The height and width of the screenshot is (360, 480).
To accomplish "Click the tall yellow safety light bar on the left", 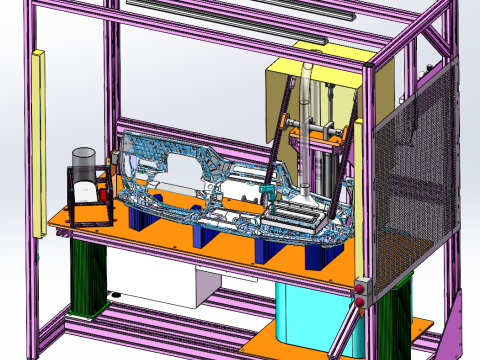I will pos(39,140).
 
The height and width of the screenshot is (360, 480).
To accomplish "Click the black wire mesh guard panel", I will pos(414,180).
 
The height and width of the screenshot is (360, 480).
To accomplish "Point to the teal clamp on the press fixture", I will pos(267,189).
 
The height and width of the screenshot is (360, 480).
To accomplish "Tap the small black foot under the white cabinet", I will pos(116,295).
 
